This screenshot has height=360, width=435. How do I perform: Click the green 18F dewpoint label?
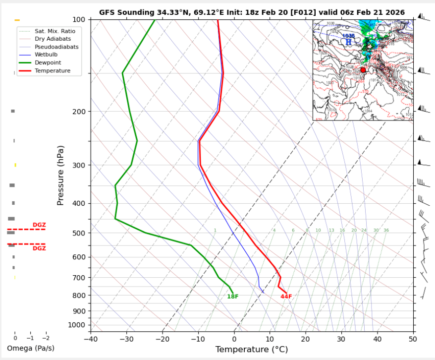pyautogui.click(x=232, y=297)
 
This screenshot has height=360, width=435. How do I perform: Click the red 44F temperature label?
pyautogui.click(x=286, y=297)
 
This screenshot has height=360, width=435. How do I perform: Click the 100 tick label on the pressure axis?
pyautogui.click(x=79, y=19)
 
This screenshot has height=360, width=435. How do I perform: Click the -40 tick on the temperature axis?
pyautogui.click(x=91, y=340)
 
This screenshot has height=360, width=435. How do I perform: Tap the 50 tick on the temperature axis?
pyautogui.click(x=413, y=340)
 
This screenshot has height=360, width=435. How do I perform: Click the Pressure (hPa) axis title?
pyautogui.click(x=60, y=175)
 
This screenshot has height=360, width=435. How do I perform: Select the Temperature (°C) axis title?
pyautogui.click(x=252, y=350)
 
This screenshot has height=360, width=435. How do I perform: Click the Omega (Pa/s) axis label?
pyautogui.click(x=31, y=348)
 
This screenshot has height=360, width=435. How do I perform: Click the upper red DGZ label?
pyautogui.click(x=39, y=225)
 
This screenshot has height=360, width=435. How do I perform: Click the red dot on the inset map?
pyautogui.click(x=363, y=70)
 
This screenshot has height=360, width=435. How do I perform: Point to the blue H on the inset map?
pyautogui.click(x=348, y=42)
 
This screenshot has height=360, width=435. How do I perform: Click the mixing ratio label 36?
pyautogui.click(x=386, y=230)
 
